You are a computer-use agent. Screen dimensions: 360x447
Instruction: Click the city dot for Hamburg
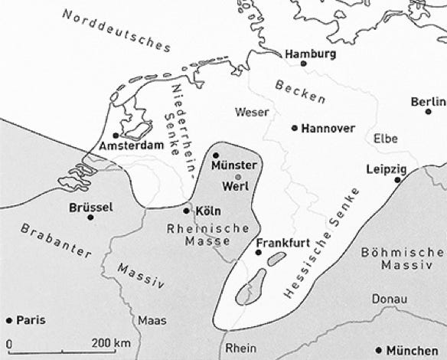point(304,64)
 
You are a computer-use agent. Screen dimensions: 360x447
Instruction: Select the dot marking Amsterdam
point(116,136)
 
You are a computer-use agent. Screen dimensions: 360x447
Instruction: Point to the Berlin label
point(428,102)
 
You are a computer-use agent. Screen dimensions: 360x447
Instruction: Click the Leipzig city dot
point(397,179)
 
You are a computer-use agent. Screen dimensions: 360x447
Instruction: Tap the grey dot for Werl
point(238,177)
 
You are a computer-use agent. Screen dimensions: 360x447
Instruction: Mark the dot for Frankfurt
point(258,252)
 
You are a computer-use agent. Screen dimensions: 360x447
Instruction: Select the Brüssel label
point(90,207)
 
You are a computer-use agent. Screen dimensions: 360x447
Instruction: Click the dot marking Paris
point(9,320)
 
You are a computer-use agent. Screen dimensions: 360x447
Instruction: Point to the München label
point(417,350)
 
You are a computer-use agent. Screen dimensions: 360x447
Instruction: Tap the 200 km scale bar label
point(112,341)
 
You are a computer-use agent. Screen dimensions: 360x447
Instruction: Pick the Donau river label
point(385,299)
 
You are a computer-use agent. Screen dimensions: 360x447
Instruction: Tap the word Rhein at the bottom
point(242,348)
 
